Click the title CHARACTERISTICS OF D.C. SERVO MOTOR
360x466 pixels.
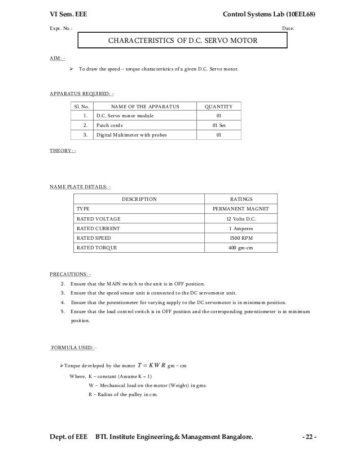(x=183, y=41)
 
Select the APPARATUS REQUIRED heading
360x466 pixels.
(x=82, y=93)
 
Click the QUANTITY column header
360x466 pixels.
(x=218, y=106)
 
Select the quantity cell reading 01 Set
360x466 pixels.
(x=218, y=125)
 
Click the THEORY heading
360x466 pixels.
(x=63, y=151)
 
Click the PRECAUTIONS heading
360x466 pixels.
(x=71, y=274)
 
